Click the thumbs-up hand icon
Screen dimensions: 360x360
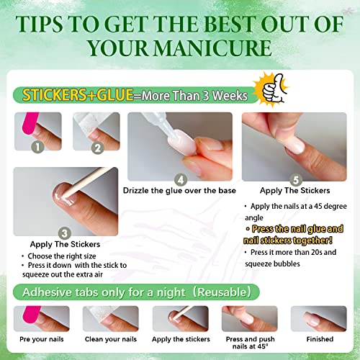(x=274, y=89)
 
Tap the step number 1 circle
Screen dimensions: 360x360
(x=37, y=147)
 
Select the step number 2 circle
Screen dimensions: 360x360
(x=98, y=148)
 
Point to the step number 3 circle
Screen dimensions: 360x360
(x=65, y=233)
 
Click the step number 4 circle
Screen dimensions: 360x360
(x=181, y=180)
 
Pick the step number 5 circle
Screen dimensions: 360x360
(x=296, y=180)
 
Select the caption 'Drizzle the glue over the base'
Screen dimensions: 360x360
(x=179, y=191)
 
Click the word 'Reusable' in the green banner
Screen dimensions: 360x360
(x=222, y=292)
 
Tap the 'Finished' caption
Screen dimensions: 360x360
(x=320, y=339)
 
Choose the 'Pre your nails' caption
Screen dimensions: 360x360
(x=42, y=339)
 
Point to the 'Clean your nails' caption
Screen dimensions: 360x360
(x=111, y=339)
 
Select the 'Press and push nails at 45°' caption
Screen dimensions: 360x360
(x=250, y=343)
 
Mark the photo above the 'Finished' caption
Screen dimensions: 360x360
(x=319, y=319)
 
